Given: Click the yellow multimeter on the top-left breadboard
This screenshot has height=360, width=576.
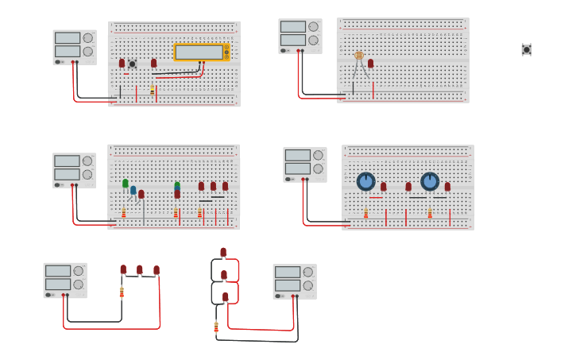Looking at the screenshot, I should pos(201,52).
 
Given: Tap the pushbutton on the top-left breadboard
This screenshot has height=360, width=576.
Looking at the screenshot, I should pos(132,64).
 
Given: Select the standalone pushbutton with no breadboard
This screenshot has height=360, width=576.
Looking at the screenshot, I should pos(526,49).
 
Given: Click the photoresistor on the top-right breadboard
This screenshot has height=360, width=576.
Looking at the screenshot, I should pos(359,56).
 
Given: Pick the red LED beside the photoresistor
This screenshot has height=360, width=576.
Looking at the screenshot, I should pos(370,64).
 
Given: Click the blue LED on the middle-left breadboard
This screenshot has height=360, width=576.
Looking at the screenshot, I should pos(133,190).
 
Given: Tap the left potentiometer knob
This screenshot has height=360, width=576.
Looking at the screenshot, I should pos(365,181).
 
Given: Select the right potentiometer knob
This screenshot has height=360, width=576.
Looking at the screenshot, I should pos(430,181).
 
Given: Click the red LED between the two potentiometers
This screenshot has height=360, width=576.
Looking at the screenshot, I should pos(408,187).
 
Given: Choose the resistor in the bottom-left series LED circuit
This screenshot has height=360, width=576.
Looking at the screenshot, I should pos(122,292).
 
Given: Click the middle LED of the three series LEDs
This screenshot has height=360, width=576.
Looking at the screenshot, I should pos(140,270).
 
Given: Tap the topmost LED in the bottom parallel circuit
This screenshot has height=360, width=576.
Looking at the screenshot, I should pos(223,252).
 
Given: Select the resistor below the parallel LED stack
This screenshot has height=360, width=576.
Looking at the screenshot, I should pos(216,327).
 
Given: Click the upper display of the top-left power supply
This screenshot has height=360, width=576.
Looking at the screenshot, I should pos(67,37).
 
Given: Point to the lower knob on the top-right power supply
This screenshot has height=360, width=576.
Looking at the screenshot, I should pos(313,40).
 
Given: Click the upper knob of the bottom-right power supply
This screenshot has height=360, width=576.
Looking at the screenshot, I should pos(307,272).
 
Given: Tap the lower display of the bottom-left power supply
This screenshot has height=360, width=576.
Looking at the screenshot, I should pos(57,284).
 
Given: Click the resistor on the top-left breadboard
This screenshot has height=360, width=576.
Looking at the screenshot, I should pos(152,90).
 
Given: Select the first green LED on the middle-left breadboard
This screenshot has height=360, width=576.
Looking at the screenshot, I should pos(125,184).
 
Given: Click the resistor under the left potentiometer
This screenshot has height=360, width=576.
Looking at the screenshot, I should pos(365,214).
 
